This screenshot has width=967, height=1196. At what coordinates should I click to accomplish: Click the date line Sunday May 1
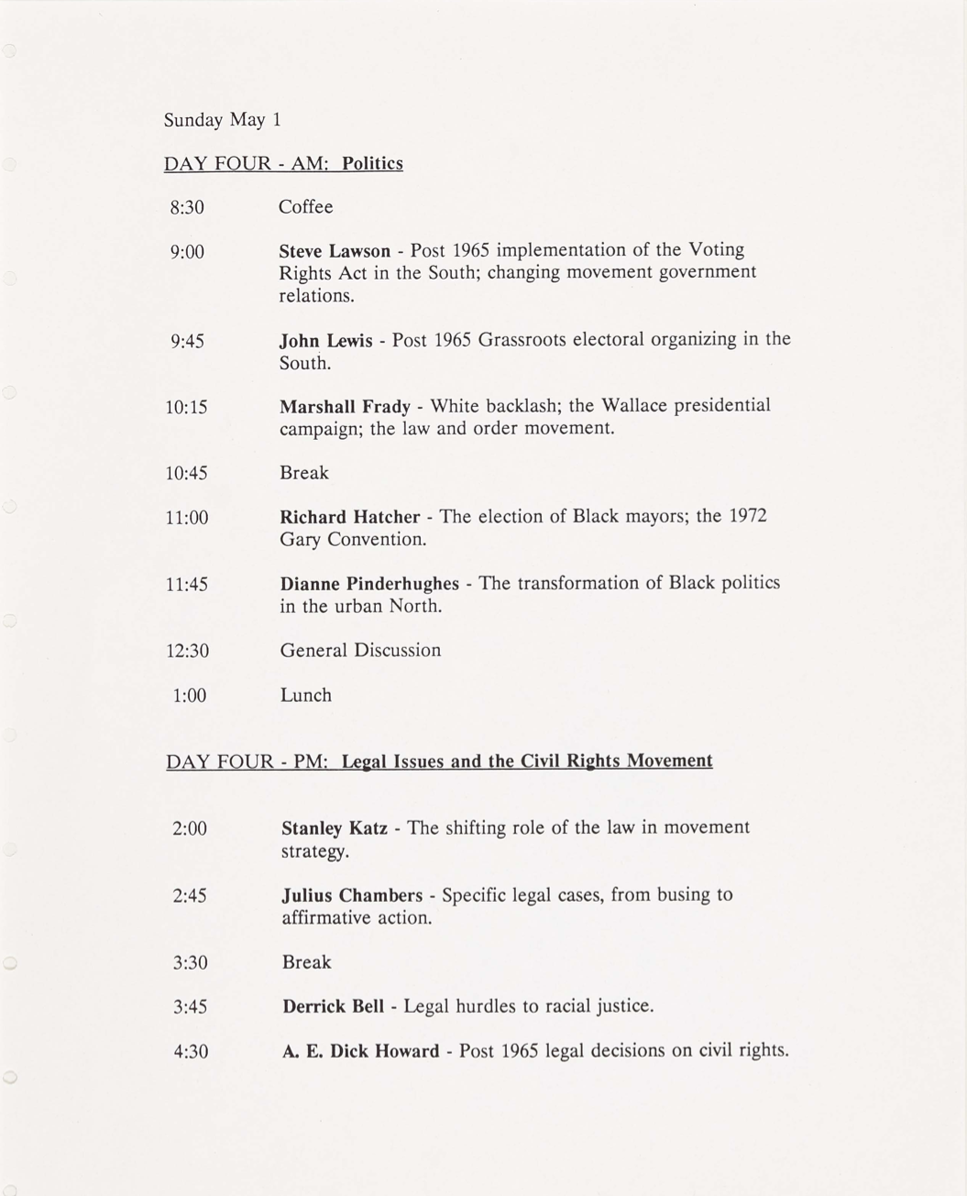point(223,120)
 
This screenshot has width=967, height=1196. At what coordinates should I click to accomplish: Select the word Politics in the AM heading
point(372,164)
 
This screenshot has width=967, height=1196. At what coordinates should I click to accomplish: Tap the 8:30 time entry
point(187,208)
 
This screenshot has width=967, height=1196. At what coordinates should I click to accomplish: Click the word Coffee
point(306,207)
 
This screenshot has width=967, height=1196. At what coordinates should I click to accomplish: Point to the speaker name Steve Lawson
point(335,251)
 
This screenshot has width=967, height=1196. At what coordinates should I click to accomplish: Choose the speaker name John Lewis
point(325,341)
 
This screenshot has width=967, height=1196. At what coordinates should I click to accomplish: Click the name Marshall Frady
point(345,406)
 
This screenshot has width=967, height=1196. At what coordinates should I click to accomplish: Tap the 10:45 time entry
point(187,474)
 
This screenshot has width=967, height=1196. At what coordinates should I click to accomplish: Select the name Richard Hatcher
point(349,518)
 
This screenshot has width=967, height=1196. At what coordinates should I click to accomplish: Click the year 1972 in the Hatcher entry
point(748,516)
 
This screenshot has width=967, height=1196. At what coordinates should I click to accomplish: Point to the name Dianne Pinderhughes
point(369,584)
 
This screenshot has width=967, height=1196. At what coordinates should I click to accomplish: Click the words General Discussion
point(360,651)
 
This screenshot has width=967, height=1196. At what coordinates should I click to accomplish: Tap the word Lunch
point(306,696)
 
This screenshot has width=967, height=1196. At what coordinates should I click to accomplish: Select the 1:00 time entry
point(190,697)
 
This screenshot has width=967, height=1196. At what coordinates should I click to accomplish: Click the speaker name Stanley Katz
point(334,828)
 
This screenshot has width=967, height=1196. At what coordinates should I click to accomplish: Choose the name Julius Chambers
point(352,895)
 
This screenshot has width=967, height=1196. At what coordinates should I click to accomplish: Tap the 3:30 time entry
point(191,963)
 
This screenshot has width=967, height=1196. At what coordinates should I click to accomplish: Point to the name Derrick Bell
point(333,1006)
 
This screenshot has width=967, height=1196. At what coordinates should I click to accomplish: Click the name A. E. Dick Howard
point(360,1051)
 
